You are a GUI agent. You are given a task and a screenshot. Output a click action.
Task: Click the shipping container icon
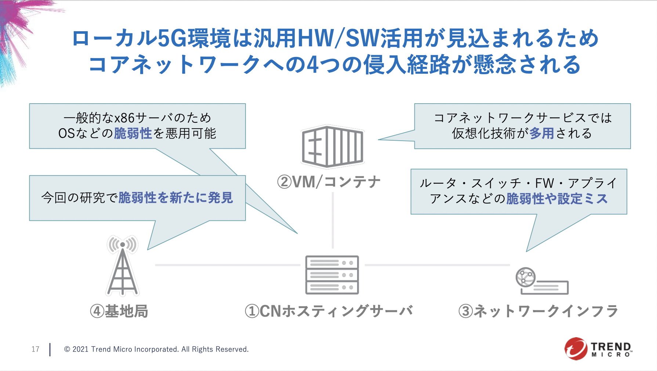click(333, 146)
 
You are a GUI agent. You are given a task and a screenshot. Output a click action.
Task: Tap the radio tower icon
click(123, 265)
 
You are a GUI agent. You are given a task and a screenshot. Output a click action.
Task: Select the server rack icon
click(332, 275)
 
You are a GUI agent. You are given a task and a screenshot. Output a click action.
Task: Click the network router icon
click(542, 281)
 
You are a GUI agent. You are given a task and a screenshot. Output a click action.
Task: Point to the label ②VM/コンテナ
click(329, 182)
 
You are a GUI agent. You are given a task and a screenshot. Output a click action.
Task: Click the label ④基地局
click(119, 311)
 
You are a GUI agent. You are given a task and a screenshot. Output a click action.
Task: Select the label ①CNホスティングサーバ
click(328, 311)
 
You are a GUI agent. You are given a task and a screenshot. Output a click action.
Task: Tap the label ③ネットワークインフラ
click(538, 311)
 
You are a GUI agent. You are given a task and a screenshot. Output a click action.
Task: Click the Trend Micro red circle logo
click(576, 348)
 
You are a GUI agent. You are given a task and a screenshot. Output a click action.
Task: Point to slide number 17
click(35, 349)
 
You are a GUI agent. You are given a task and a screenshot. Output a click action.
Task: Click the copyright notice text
click(156, 349)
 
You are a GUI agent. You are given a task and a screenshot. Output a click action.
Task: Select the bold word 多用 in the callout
click(542, 133)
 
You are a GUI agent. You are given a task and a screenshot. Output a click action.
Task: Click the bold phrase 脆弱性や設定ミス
click(557, 199)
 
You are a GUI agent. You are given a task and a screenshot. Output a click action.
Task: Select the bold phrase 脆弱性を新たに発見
click(176, 198)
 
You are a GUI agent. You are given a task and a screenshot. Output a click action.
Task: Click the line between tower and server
click(228, 265)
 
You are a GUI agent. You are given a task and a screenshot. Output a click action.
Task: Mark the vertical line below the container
click(333, 220)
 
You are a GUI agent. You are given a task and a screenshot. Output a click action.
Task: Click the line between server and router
click(437, 265)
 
